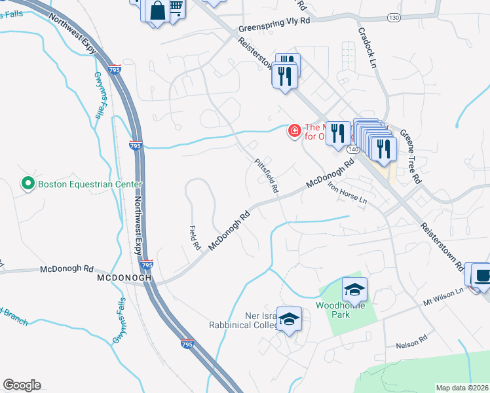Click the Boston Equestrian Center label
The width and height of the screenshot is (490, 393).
(x=80, y=184)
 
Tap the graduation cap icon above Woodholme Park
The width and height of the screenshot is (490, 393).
(x=354, y=289)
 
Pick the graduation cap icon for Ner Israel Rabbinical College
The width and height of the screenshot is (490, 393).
(x=289, y=318)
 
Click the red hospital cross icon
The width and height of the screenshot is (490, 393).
(x=295, y=132)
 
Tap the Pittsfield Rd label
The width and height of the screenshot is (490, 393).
(x=267, y=176)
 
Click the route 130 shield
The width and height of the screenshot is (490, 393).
(x=393, y=17)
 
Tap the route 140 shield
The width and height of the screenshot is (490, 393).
(x=353, y=149)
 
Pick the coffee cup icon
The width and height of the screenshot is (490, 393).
(x=483, y=276)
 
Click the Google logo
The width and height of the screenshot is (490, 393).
(x=22, y=385)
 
